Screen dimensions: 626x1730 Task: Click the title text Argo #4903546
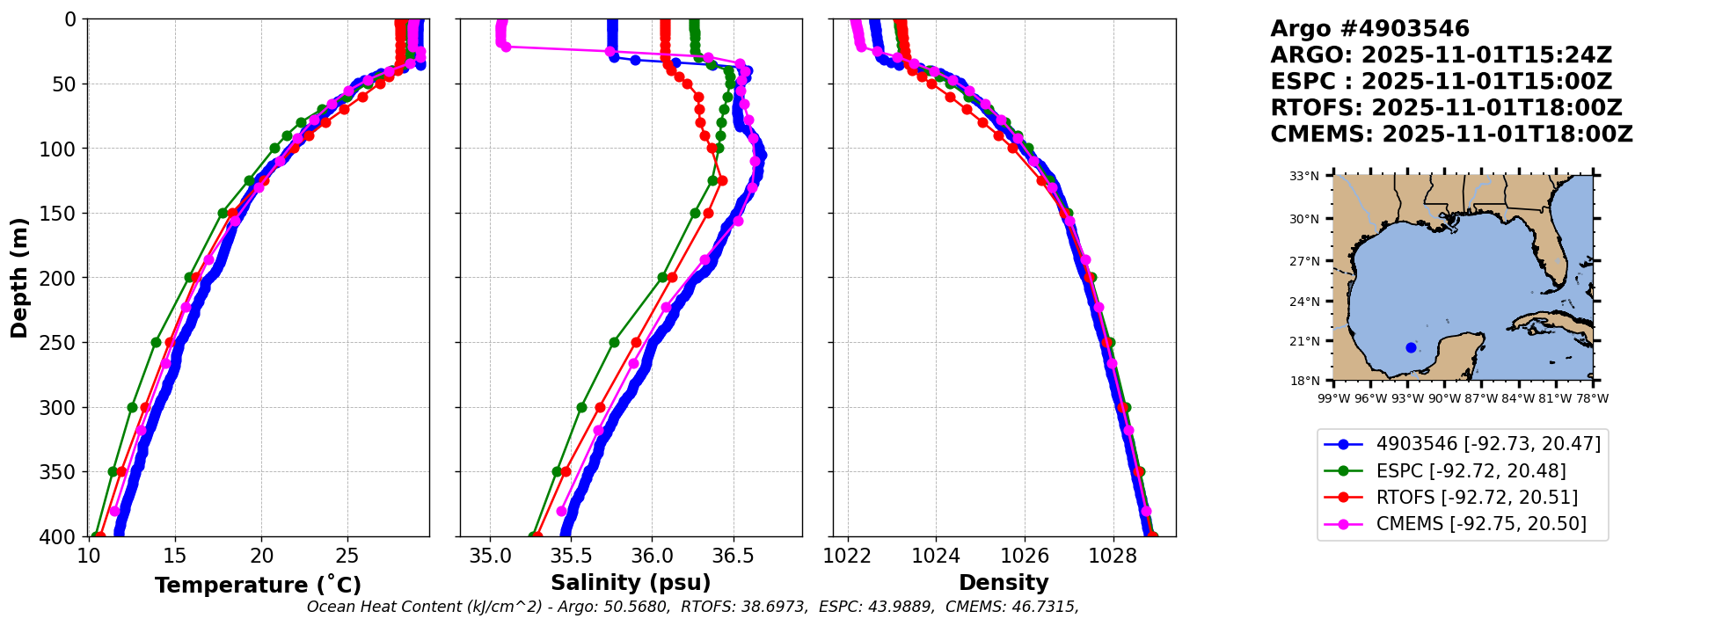point(1369,29)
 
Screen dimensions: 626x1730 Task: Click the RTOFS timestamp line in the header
point(1446,108)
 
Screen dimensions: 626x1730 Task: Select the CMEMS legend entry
point(1481,524)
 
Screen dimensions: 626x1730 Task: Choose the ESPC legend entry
point(1471,471)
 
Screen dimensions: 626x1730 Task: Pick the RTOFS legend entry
point(1477,498)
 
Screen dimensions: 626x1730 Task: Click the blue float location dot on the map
point(1411,347)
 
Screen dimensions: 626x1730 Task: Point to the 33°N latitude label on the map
point(1304,177)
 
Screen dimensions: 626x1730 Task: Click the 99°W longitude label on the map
point(1333,399)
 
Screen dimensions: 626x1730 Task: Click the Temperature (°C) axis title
point(258,585)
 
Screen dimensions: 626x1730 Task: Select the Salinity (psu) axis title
point(631,583)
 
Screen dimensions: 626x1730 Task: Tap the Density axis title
point(1004,583)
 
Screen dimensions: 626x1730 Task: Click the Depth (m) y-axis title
point(19,277)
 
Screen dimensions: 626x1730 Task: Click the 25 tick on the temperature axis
point(347,557)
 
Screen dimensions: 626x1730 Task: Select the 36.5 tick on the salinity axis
point(733,557)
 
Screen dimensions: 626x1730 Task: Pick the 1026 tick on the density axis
point(1025,557)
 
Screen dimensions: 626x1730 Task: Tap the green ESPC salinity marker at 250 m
point(614,342)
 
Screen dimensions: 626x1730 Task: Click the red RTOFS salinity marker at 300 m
point(600,407)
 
